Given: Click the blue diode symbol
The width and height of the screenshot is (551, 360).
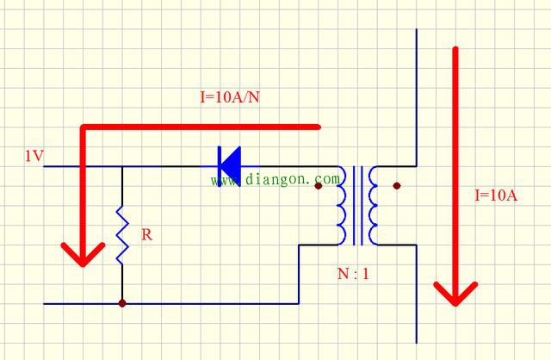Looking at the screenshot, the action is point(229,166).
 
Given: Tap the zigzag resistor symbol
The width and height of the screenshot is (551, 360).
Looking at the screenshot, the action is point(122,235).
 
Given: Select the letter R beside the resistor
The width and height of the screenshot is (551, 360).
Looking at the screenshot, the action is point(147,234).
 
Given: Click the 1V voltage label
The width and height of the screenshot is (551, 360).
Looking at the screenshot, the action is point(34,156).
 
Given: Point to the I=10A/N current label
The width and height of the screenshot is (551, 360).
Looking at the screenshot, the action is point(230,96).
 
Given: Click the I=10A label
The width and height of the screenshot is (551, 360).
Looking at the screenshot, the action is point(496,196).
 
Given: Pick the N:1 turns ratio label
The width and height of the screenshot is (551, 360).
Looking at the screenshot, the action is point(353,274).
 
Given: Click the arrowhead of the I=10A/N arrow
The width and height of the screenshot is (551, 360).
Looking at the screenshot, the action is point(83,254).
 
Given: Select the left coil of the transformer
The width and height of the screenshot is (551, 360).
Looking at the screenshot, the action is point(341,206).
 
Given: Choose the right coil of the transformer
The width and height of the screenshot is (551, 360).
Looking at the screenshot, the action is point(373,206).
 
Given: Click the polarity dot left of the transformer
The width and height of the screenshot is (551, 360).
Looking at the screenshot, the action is point(319,186).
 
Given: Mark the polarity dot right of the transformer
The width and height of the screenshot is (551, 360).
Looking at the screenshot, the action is point(397,186).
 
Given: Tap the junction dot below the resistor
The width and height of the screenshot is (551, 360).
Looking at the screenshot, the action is point(122,303).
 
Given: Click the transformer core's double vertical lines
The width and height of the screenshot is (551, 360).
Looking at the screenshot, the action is point(358,206).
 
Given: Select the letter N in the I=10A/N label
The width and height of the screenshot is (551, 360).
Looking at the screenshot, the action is point(255,96).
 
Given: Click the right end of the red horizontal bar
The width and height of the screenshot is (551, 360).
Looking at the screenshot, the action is point(319,127).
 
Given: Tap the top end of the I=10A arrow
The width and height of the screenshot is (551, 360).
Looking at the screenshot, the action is point(455,48).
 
